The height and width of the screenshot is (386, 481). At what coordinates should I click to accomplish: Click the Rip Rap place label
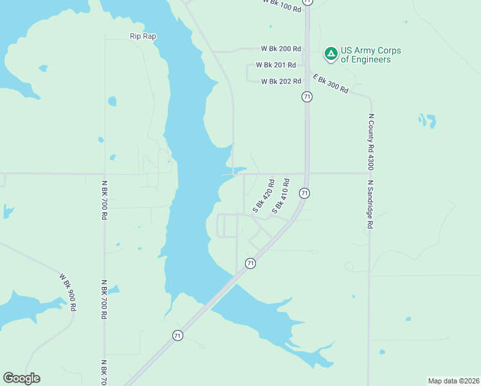pyautogui.click(x=142, y=37)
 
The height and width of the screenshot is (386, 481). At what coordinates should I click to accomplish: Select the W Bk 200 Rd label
pyautogui.click(x=280, y=49)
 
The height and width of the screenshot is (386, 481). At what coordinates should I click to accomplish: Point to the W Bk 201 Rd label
pyautogui.click(x=275, y=65)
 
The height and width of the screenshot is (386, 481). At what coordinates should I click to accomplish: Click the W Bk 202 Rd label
pyautogui.click(x=281, y=81)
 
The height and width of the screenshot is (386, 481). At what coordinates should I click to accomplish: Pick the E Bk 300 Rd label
pyautogui.click(x=330, y=83)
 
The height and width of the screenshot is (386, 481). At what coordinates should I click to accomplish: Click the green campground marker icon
pyautogui.click(x=331, y=54)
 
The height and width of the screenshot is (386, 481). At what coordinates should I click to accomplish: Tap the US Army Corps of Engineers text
pyautogui.click(x=365, y=55)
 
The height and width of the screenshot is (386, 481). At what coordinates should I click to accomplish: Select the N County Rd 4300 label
pyautogui.click(x=370, y=142)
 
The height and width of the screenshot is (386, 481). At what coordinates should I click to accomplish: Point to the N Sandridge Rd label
pyautogui.click(x=370, y=204)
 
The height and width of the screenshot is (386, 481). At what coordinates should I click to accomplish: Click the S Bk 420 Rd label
pyautogui.click(x=264, y=196)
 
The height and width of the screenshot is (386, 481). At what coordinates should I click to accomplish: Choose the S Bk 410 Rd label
pyautogui.click(x=281, y=196)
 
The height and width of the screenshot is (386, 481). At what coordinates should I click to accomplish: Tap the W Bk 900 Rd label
pyautogui.click(x=68, y=293)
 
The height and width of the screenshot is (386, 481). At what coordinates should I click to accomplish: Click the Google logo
pyautogui.click(x=21, y=378)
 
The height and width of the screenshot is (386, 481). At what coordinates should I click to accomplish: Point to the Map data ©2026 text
pyautogui.click(x=453, y=381)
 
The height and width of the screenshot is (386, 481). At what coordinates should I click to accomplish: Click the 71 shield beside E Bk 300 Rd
pyautogui.click(x=307, y=96)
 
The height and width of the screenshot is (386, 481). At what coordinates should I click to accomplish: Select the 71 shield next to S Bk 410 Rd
pyautogui.click(x=304, y=193)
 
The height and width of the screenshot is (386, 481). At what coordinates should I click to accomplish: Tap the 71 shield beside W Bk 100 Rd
pyautogui.click(x=308, y=2)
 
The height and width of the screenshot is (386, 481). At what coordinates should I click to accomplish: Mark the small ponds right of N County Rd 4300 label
pyautogui.click(x=427, y=121)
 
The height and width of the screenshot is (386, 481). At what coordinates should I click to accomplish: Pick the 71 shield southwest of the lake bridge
pyautogui.click(x=177, y=335)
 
